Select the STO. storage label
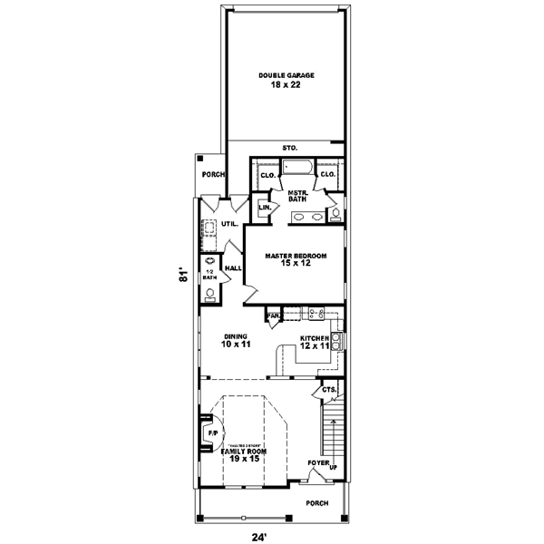[x=289, y=147]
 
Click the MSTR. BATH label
[x=297, y=197]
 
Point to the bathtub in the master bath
[x=297, y=169]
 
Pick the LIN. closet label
[x=265, y=208]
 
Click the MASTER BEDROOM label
[x=296, y=256]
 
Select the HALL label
[x=232, y=267]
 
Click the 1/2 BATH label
[x=209, y=275]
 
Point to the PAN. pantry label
[x=273, y=316]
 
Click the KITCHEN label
[x=316, y=341]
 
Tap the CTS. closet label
[x=328, y=390]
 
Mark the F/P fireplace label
[x=213, y=434]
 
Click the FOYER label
[x=317, y=462]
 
